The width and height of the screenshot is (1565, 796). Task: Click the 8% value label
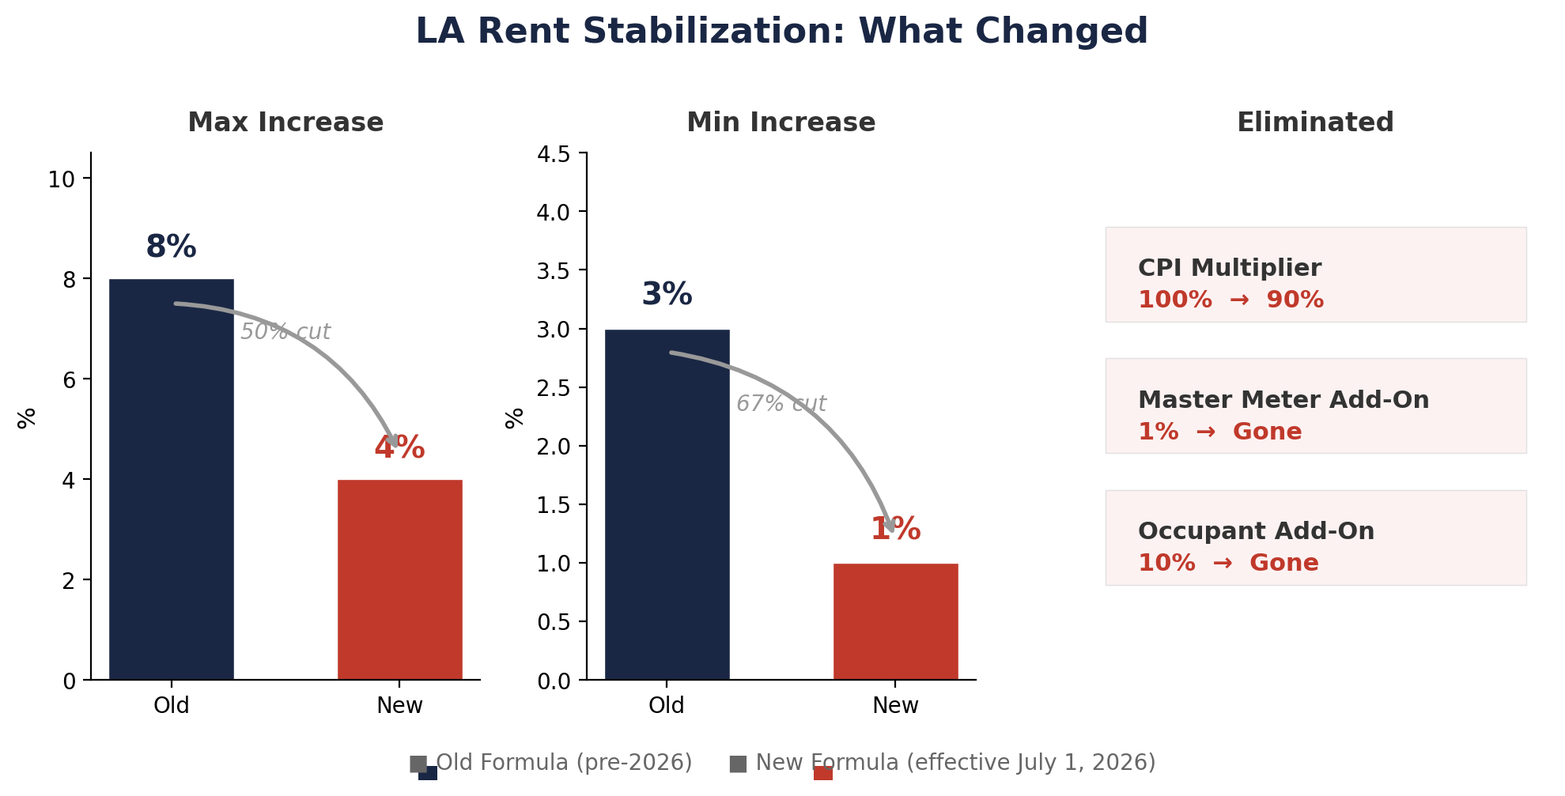coord(171,247)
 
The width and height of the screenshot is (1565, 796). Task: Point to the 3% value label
coord(667,295)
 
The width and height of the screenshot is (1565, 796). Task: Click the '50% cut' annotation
coord(285,332)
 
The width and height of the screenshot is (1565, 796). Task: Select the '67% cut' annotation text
coord(781,404)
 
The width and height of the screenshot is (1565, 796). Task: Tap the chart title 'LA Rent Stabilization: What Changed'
coord(781,32)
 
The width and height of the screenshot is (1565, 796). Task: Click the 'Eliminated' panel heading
coord(1314,123)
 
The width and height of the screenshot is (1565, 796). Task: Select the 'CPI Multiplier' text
coord(1229,268)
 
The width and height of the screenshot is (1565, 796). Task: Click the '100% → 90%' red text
coord(1230,300)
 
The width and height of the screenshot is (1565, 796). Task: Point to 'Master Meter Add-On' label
coord(1283,400)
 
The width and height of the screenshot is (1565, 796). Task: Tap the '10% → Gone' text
coord(1227,564)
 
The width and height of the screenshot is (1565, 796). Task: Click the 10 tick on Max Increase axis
coord(61,180)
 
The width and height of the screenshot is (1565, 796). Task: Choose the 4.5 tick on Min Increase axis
coord(554,154)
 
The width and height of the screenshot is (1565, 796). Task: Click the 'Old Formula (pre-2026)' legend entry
coord(563,763)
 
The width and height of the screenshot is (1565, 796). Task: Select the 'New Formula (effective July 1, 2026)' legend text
coord(954,763)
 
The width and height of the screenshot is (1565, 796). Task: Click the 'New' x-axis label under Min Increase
coord(895,706)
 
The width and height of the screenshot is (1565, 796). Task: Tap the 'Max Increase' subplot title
coord(285,123)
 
